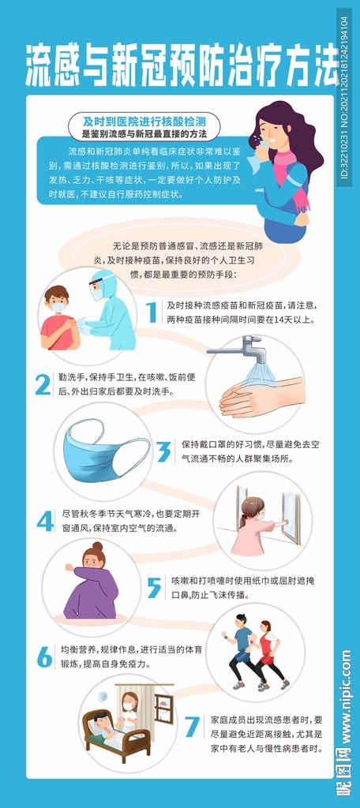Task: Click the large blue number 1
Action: pyautogui.click(x=151, y=312)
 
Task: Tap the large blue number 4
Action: pyautogui.click(x=45, y=521)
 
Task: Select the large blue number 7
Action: pyautogui.click(x=192, y=726)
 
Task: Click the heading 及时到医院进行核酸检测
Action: pyautogui.click(x=144, y=122)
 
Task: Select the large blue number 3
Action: pyautogui.click(x=164, y=451)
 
